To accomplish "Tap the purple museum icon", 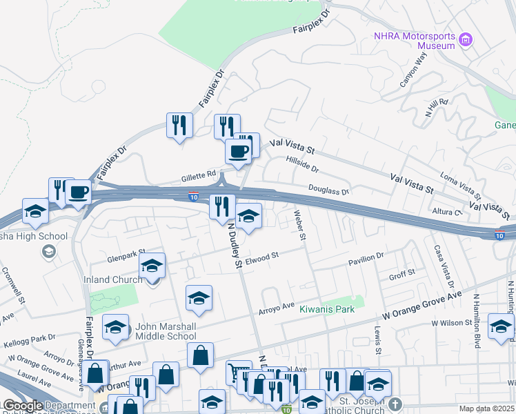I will tap(466, 40).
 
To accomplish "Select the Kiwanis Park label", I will tap(327, 309).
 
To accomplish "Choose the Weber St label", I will tap(301, 225).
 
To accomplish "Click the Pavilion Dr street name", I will tap(366, 258).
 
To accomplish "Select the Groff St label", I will tap(401, 275).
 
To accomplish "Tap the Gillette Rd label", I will tap(200, 174).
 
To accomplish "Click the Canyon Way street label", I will tap(414, 70).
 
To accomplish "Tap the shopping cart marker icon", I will tap(239, 373).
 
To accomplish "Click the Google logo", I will tap(23, 406).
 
